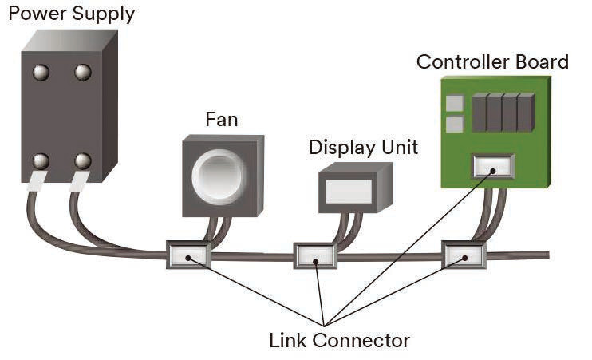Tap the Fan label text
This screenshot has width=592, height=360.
(221, 120)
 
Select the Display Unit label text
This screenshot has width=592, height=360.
(363, 148)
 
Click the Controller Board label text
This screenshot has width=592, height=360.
(492, 62)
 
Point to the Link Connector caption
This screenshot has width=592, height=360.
(339, 341)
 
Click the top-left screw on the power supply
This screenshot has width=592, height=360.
(40, 73)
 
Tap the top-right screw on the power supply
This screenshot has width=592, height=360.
(82, 73)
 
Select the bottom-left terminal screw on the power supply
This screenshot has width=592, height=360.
(40, 161)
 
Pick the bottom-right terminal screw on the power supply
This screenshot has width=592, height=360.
(82, 161)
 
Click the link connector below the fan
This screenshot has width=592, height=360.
(187, 256)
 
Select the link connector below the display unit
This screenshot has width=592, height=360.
(317, 256)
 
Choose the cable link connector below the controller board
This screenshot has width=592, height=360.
(464, 256)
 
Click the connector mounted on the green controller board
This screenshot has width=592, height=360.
(492, 166)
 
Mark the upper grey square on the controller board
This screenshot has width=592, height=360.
(455, 104)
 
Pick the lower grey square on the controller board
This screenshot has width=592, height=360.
(455, 125)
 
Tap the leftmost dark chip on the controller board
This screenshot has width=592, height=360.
(480, 113)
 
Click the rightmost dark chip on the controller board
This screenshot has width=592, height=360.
(525, 113)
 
